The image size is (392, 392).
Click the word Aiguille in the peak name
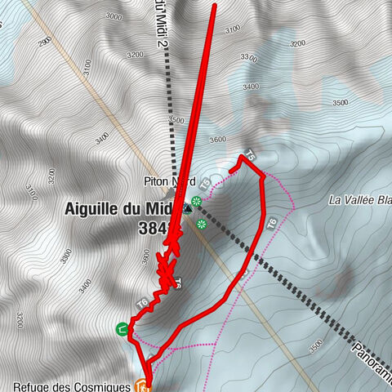point(91,208)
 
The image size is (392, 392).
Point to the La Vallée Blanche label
point(359,199)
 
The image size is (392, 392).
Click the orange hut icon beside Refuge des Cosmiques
point(142,384)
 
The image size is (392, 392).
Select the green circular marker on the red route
point(122,330)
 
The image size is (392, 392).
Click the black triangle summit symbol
point(188,207)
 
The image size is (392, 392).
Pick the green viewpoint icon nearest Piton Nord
point(197,201)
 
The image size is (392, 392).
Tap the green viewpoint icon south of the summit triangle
point(201,220)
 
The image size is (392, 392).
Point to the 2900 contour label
point(45,40)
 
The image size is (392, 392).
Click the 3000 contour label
point(114,16)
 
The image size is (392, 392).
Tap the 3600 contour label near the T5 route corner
point(216,139)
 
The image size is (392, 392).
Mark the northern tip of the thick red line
point(214,5)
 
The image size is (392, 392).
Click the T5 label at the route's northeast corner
point(250,155)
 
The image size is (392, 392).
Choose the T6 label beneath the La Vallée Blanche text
point(272,223)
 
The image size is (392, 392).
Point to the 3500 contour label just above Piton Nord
point(176,120)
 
